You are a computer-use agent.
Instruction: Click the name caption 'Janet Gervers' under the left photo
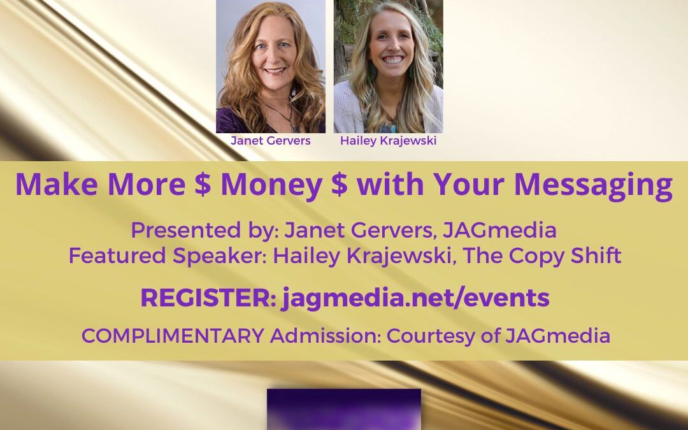tap(270, 140)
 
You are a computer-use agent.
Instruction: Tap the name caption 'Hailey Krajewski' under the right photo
tap(389, 140)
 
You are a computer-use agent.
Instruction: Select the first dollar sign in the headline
tap(203, 184)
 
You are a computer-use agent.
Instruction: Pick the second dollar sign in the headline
tap(339, 184)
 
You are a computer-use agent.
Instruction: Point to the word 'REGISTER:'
tap(208, 297)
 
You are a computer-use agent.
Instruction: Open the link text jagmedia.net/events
tap(415, 298)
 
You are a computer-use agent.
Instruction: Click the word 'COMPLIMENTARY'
tap(173, 336)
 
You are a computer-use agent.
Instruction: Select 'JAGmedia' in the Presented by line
tap(499, 231)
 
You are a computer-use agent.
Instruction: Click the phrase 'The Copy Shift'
tap(542, 256)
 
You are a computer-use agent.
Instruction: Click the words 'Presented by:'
tap(205, 231)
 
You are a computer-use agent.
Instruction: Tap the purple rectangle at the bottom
tap(344, 409)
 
